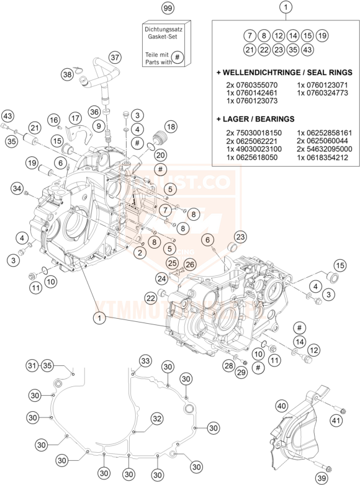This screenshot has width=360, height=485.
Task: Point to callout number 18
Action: pyautogui.click(x=171, y=127)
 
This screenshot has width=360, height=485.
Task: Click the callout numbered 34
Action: pyautogui.click(x=17, y=188)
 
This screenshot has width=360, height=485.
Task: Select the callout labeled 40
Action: pyautogui.click(x=282, y=406)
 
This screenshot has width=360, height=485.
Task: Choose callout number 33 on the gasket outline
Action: pyautogui.click(x=145, y=361)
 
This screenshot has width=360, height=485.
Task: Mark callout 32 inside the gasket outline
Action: pyautogui.click(x=157, y=419)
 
